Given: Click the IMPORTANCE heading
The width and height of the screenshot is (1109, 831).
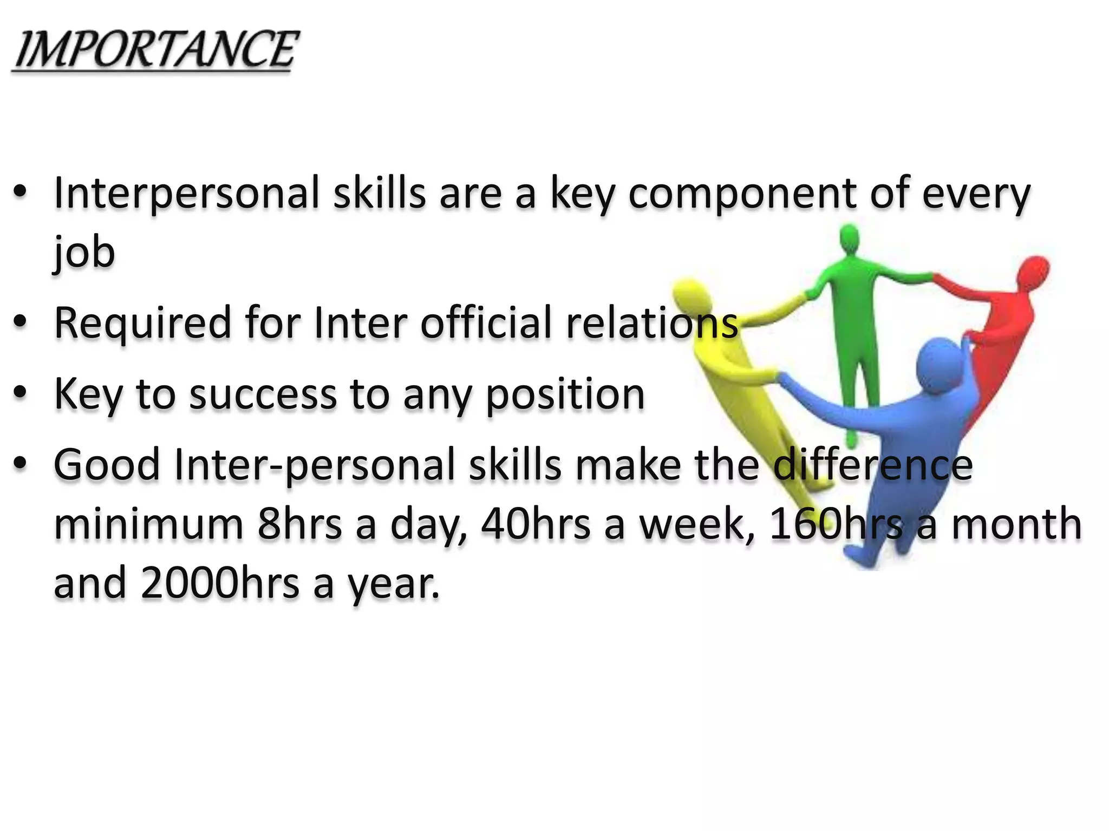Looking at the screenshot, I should coord(155,50).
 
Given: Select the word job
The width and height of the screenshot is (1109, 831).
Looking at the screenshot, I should coord(84,253).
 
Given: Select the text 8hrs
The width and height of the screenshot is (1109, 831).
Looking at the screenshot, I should coord(299,524).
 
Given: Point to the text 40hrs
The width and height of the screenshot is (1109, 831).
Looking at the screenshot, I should coord(536,524).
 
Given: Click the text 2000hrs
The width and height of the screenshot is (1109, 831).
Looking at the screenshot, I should coord(220,583).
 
